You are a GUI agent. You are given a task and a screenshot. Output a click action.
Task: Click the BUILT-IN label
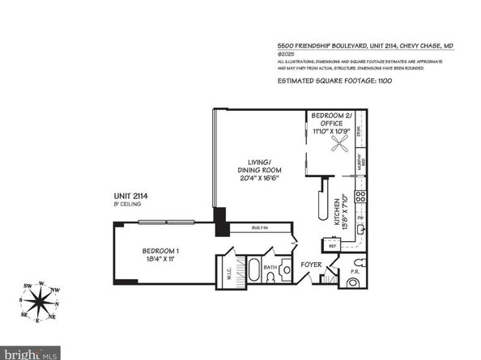[258, 229]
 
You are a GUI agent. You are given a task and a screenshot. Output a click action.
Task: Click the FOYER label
[313, 265]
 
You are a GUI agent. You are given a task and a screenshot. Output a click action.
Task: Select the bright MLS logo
[30, 353]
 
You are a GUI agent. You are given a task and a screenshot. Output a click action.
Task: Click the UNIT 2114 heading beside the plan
[134, 196]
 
